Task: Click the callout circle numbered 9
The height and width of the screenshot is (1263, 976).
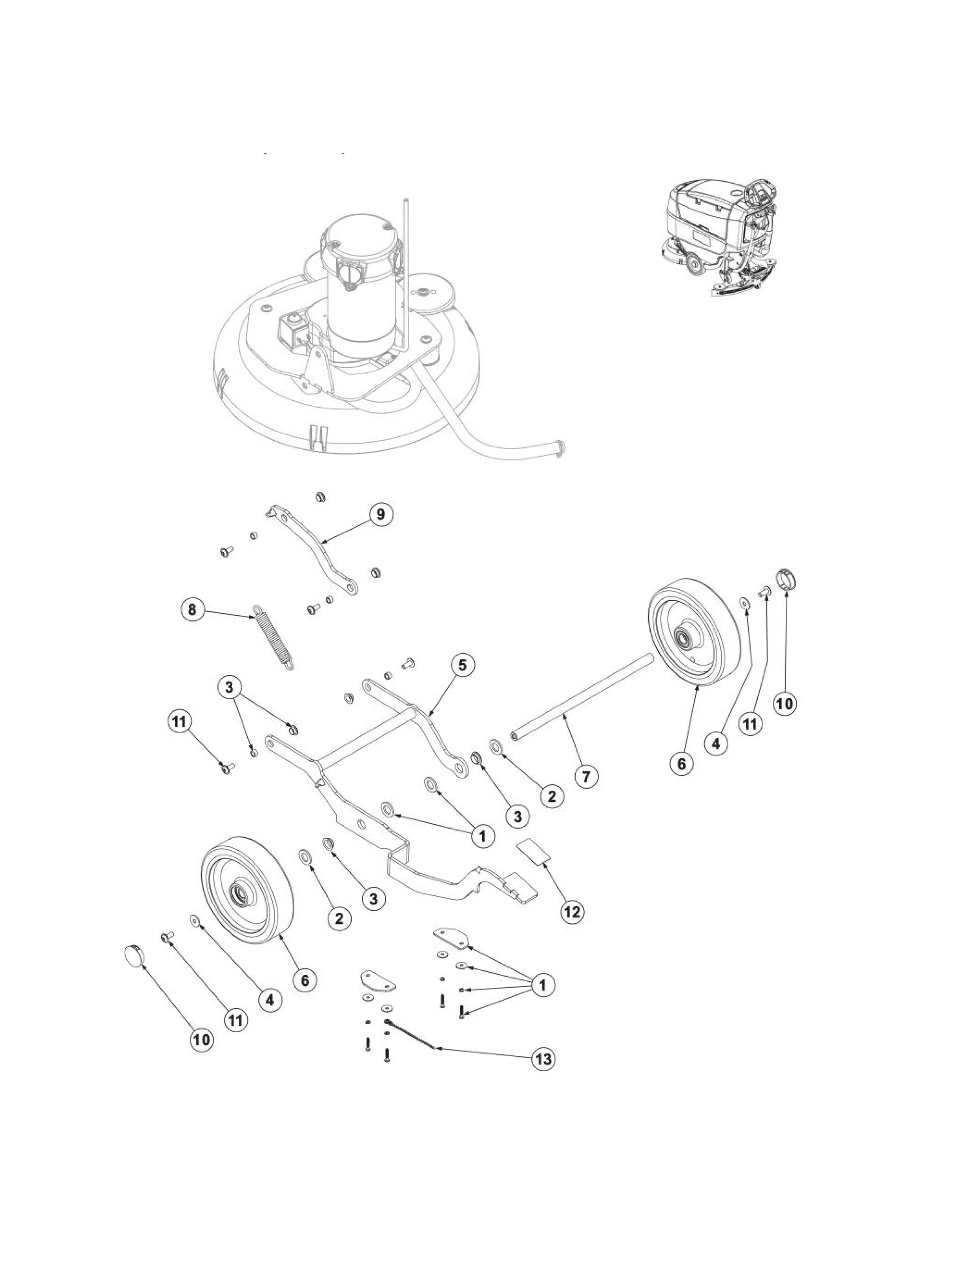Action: coord(380,514)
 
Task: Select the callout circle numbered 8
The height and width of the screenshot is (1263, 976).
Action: coord(192,610)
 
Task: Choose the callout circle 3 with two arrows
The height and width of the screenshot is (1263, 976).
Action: coord(230,688)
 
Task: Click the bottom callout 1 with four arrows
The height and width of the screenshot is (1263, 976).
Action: coord(542,984)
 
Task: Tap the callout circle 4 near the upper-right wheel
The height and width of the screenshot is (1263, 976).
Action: coord(716,744)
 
